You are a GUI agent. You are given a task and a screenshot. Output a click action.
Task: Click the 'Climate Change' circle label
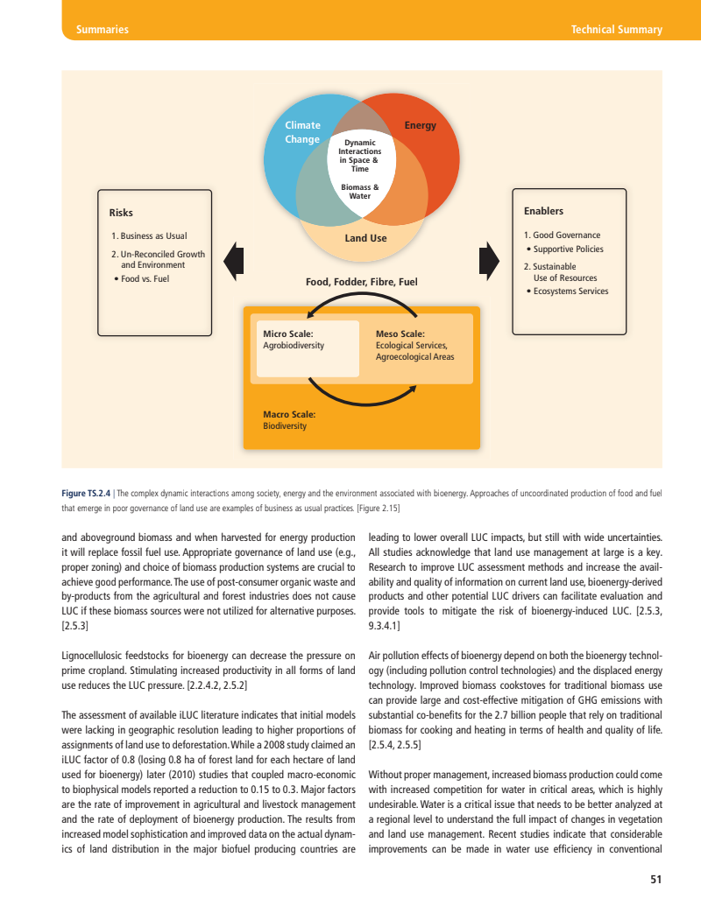coord(302,132)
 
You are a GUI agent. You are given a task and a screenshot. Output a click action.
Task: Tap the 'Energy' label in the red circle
coord(420,126)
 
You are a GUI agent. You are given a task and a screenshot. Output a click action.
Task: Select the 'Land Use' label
coord(365,238)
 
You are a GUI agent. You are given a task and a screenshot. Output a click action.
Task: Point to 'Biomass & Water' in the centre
coord(359,192)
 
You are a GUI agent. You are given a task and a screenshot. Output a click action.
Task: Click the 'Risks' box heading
coord(121,213)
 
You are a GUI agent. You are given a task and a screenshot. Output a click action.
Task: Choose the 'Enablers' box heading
coord(543,211)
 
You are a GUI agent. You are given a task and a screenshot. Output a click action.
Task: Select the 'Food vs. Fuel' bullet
coord(144,278)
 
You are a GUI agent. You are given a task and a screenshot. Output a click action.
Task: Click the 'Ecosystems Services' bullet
coord(570,291)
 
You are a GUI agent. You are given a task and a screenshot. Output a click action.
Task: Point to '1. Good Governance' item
coord(562,235)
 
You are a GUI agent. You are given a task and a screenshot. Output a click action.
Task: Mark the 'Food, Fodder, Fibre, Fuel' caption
coord(361,282)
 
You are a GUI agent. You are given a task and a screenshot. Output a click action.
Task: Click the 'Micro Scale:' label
coord(287,334)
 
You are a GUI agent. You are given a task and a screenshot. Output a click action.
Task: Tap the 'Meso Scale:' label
coord(400,334)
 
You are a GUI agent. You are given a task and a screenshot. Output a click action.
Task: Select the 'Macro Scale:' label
coord(289,414)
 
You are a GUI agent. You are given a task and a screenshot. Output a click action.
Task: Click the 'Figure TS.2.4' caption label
coord(86,494)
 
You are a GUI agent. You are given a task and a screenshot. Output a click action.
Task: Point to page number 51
coord(655,879)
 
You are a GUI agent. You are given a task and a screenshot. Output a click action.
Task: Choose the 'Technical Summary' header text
coord(616,30)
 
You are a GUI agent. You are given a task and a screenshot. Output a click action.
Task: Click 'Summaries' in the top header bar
coord(103,30)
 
